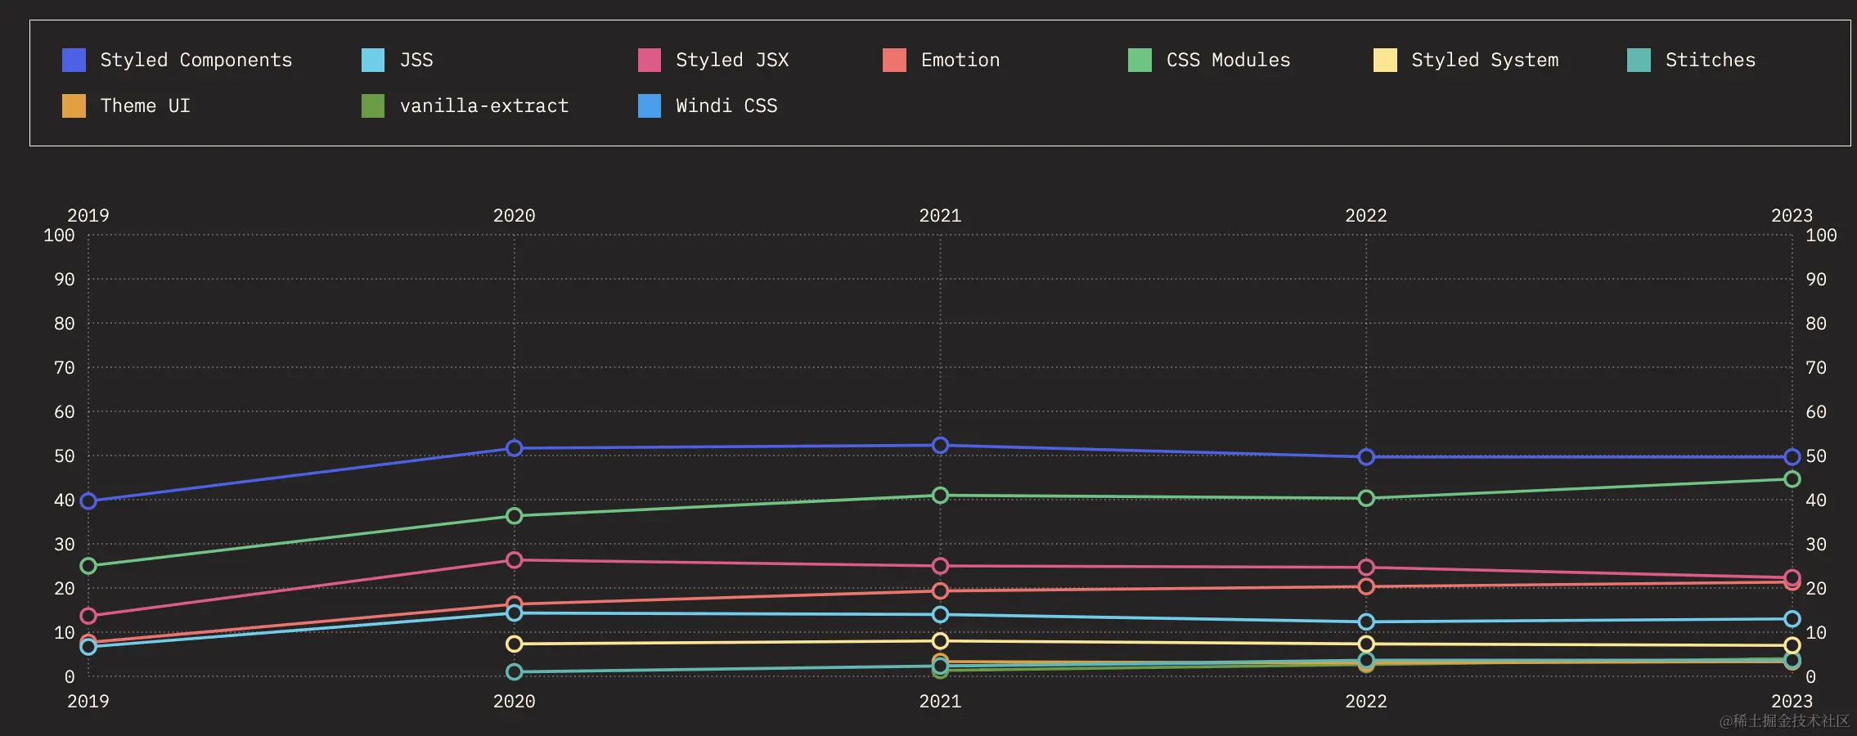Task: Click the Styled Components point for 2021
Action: point(940,446)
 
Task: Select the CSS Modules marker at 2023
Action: point(1792,479)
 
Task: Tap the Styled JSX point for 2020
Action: point(514,560)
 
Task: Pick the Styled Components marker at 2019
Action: point(88,500)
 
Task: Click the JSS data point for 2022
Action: point(1366,622)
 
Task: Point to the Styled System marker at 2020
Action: point(514,644)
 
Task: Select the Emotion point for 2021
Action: point(940,590)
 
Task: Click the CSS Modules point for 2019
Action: point(88,566)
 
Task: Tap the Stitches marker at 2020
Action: point(514,672)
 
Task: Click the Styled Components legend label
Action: point(196,60)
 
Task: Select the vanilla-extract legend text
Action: point(483,105)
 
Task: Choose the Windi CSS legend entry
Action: point(726,105)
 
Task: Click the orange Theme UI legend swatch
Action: point(74,105)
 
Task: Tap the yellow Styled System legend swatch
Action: point(1385,60)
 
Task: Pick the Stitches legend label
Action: point(1710,60)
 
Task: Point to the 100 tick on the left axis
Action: point(59,236)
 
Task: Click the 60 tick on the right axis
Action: point(1815,412)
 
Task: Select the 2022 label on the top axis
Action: point(1366,216)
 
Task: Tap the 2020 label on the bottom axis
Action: point(514,702)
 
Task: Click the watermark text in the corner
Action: point(1783,720)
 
